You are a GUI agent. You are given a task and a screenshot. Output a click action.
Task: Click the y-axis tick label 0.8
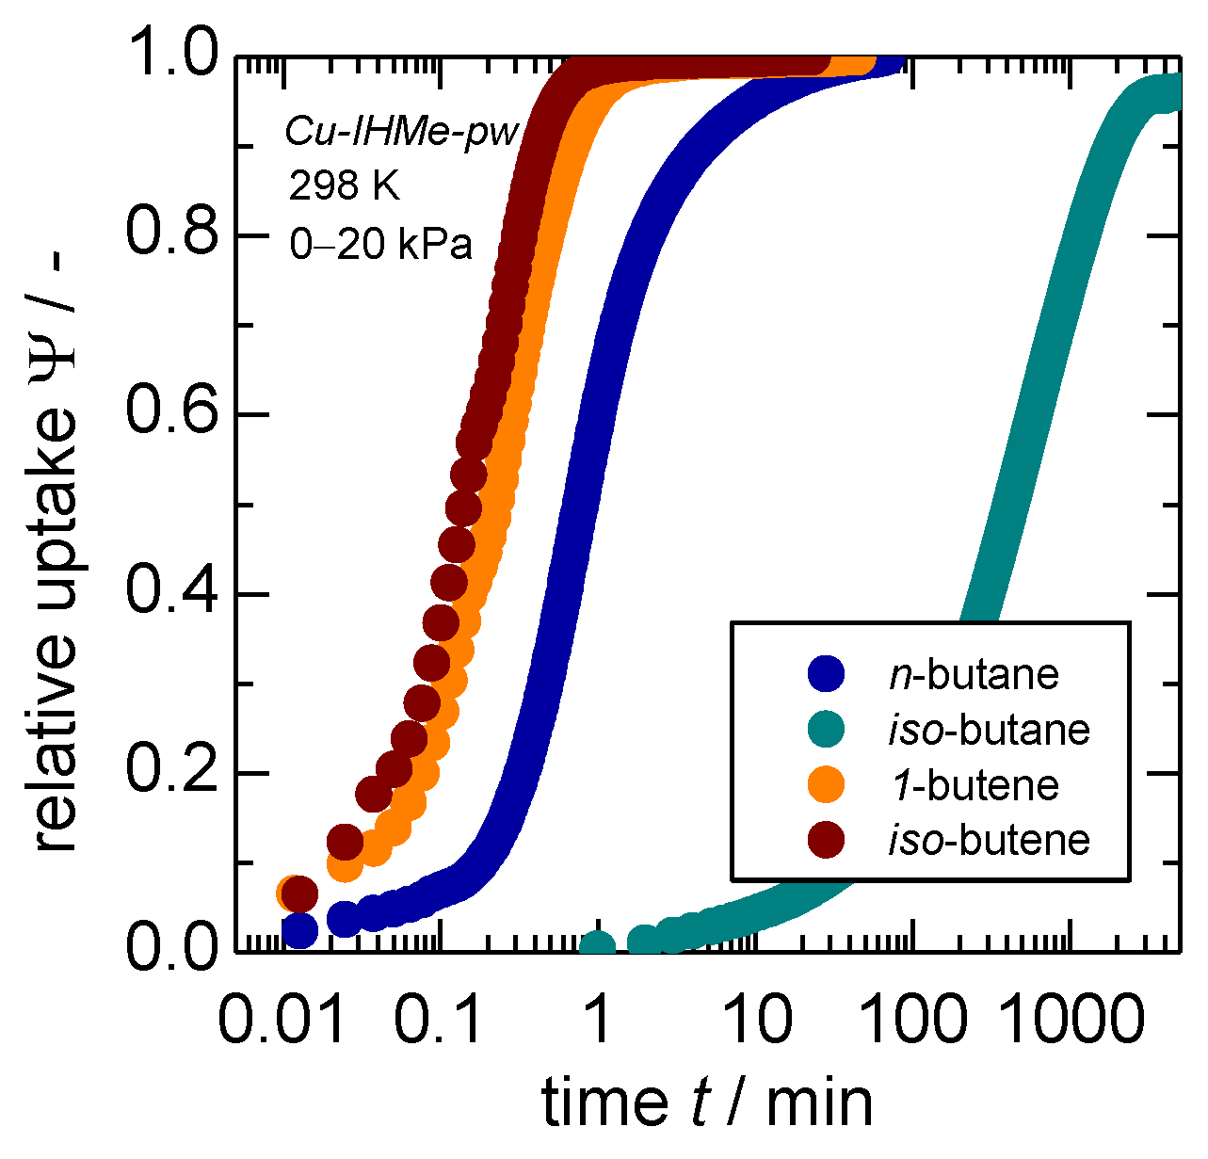click(170, 234)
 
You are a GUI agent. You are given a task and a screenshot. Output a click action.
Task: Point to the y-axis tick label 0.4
click(170, 594)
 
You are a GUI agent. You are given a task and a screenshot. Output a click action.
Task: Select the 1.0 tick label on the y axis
click(170, 56)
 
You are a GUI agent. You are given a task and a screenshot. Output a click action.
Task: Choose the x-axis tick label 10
click(759, 1021)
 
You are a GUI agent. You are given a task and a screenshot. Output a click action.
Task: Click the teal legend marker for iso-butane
click(827, 729)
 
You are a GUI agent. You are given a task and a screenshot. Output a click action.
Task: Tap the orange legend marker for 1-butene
click(827, 784)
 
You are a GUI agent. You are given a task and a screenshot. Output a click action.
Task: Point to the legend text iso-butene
click(989, 839)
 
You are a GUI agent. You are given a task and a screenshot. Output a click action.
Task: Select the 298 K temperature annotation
click(344, 186)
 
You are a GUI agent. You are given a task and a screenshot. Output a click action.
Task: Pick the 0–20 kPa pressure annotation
click(380, 244)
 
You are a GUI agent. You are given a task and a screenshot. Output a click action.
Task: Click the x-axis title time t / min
click(707, 1102)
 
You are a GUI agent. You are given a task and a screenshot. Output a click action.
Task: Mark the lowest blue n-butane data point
click(299, 930)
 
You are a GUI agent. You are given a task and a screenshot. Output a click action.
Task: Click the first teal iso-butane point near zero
click(597, 945)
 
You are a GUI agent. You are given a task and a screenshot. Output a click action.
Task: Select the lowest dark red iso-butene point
click(299, 893)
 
